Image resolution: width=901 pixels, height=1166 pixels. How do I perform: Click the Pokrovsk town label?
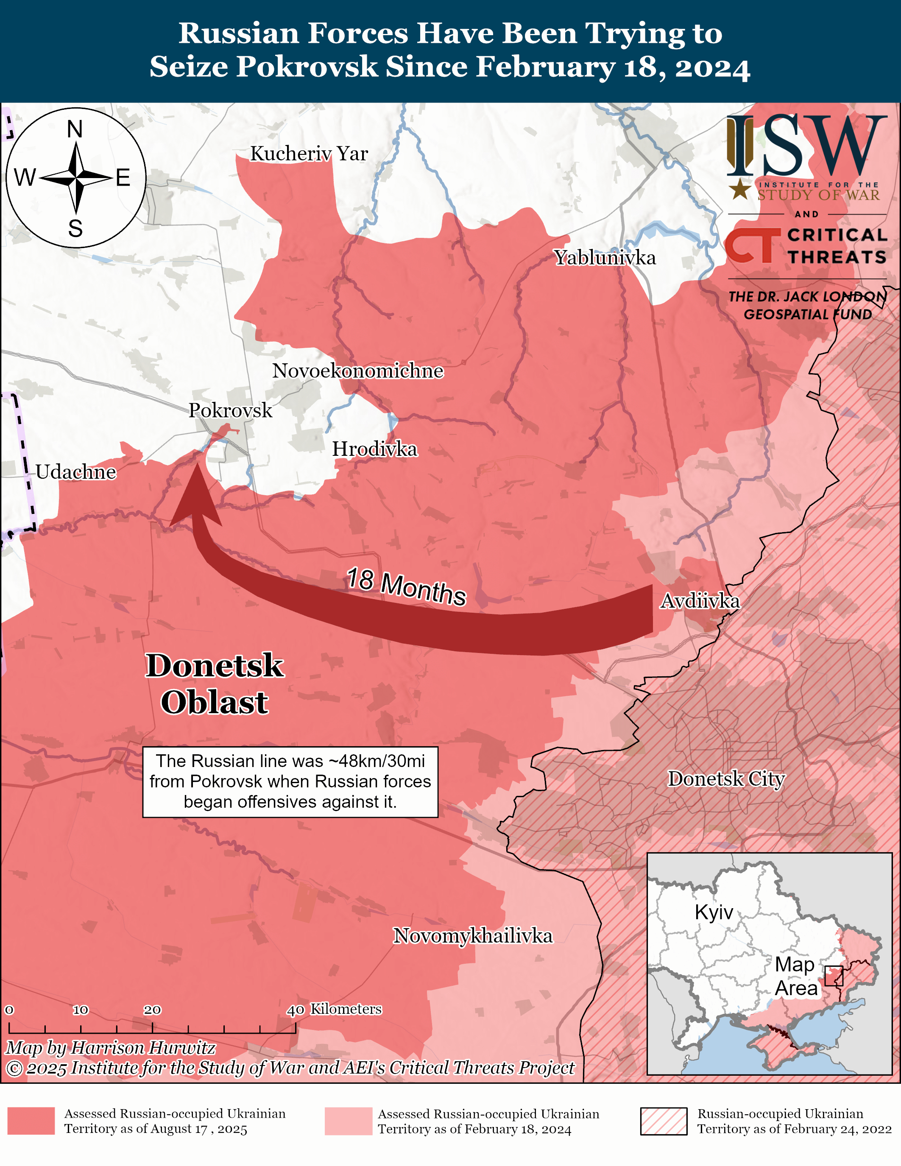click(x=230, y=410)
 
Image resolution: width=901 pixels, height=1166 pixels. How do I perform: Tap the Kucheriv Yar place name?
click(x=309, y=154)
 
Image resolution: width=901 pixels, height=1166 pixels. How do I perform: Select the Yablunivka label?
click(x=604, y=258)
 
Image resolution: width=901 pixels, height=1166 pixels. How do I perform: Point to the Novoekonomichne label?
click(x=357, y=371)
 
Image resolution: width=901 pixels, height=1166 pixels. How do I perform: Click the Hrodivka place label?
click(x=375, y=449)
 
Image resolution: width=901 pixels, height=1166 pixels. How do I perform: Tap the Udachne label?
click(x=76, y=472)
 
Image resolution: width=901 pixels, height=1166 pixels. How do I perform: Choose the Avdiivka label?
click(x=700, y=601)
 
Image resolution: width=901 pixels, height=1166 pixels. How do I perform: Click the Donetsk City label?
click(x=726, y=778)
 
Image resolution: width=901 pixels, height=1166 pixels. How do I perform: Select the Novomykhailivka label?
click(x=473, y=936)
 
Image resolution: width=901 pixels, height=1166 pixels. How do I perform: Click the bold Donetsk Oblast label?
click(x=215, y=683)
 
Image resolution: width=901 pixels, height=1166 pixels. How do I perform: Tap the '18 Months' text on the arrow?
click(x=406, y=587)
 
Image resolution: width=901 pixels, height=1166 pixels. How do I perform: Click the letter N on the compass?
click(x=75, y=129)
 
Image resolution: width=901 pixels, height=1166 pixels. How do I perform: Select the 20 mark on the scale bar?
click(x=152, y=1010)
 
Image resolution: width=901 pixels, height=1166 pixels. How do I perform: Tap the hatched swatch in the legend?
click(x=664, y=1121)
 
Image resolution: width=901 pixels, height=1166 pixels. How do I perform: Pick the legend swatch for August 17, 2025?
click(x=31, y=1121)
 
